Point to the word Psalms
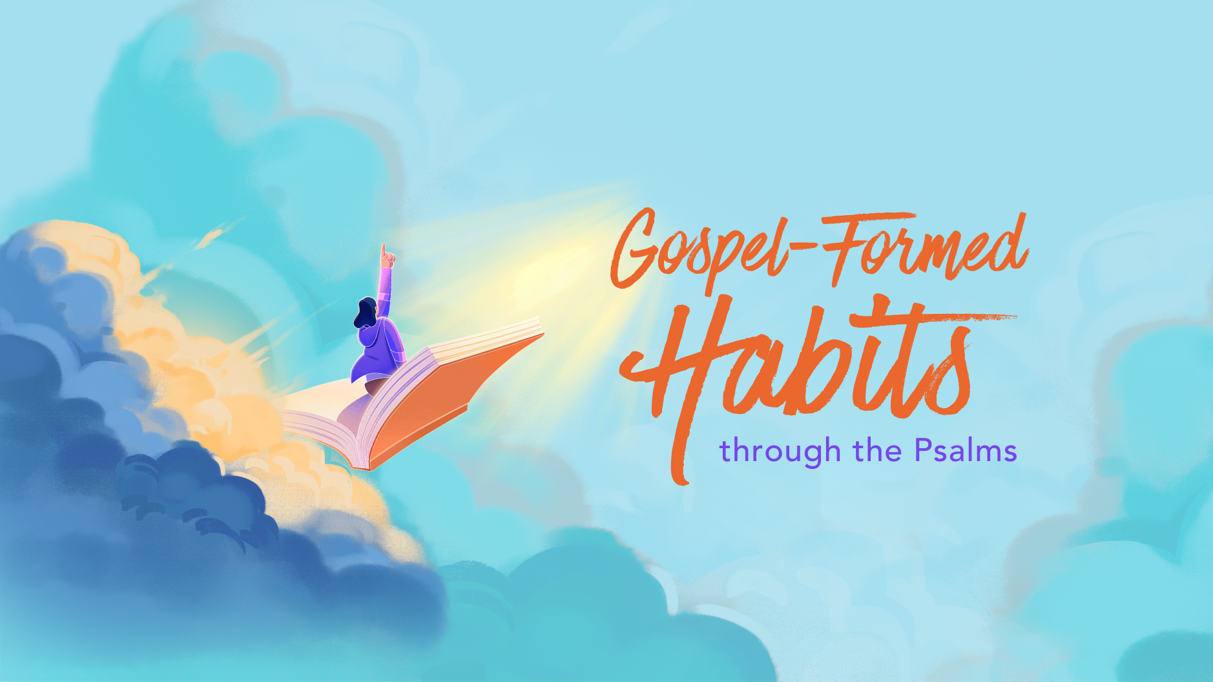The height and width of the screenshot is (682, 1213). click(x=966, y=449)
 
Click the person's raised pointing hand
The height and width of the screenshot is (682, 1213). click(x=387, y=256)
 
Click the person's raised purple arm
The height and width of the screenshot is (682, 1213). click(x=385, y=291)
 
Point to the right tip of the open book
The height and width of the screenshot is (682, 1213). click(x=543, y=335)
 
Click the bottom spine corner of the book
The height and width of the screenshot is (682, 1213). click(x=369, y=468)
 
